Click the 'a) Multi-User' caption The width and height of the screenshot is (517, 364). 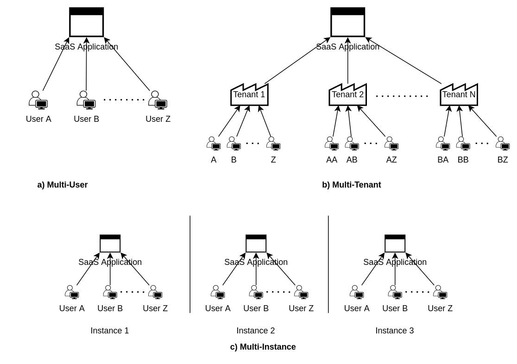[x=63, y=185]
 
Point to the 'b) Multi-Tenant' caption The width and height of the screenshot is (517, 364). [x=352, y=185]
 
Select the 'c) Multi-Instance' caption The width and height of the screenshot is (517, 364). [x=263, y=347]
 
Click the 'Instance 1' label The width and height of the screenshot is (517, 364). [x=110, y=331]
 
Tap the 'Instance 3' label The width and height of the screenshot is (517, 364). [x=395, y=331]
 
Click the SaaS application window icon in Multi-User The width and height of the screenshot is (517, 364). [x=86, y=22]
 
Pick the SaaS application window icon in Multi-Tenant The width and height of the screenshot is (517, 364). [x=348, y=22]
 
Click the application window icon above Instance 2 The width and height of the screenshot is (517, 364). [x=256, y=243]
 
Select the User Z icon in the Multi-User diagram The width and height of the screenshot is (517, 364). [x=158, y=100]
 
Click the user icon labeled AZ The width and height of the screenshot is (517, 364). [x=392, y=144]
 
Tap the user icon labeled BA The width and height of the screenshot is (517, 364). [x=443, y=144]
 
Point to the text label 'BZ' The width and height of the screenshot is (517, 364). [x=503, y=160]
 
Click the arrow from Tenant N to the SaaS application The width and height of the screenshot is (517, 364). [x=403, y=61]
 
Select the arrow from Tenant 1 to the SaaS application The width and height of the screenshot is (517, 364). [x=297, y=61]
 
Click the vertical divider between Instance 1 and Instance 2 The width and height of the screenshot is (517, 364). [x=190, y=264]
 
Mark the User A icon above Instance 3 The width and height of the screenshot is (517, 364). [x=357, y=292]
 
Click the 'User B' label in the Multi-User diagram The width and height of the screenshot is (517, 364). [x=86, y=119]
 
